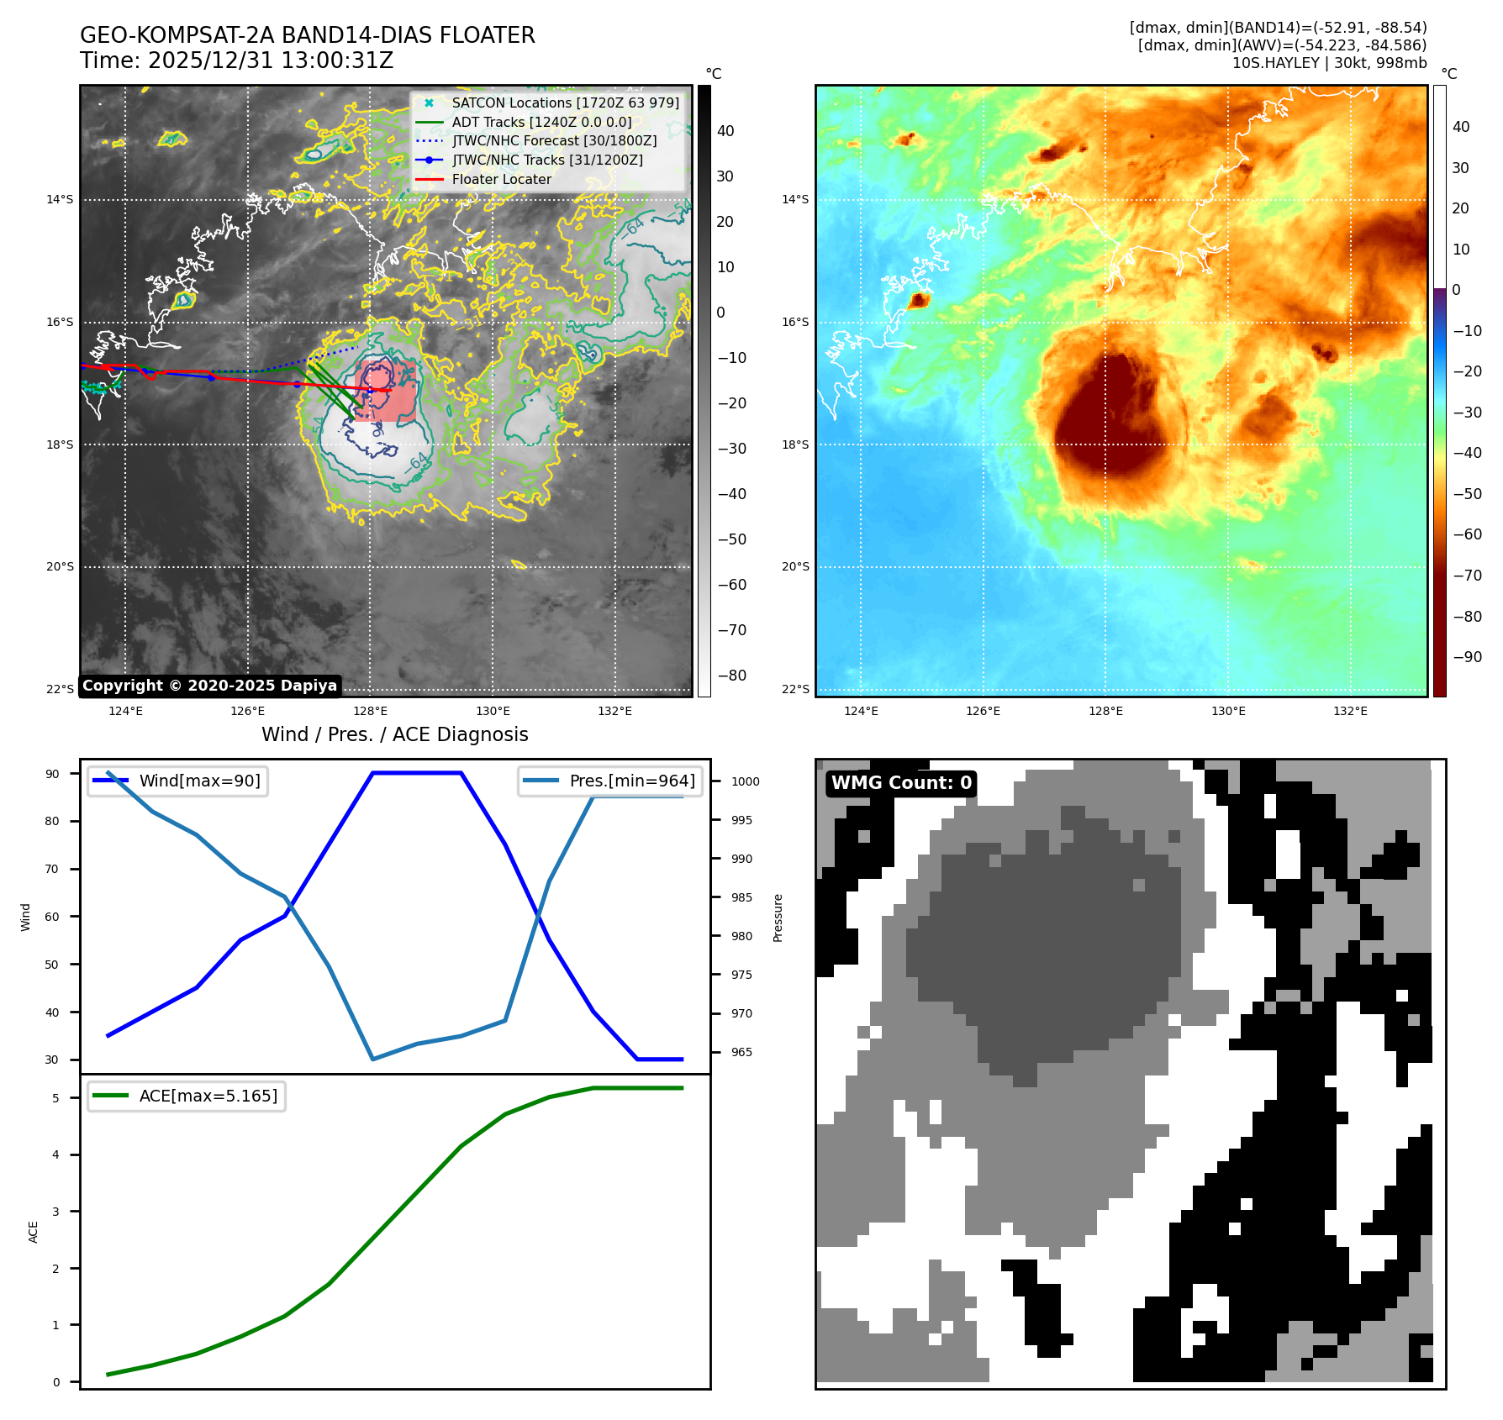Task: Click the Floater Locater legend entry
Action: click(501, 179)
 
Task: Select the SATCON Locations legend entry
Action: click(565, 103)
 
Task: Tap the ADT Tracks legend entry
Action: click(541, 122)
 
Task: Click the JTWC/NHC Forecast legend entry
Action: click(554, 140)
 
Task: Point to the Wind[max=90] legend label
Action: click(199, 781)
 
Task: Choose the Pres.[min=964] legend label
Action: click(632, 781)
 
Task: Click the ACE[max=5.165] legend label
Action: click(208, 1096)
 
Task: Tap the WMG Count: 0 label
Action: click(901, 783)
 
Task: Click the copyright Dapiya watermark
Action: click(209, 686)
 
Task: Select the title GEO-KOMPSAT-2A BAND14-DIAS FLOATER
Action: click(307, 35)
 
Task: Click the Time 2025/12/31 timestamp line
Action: click(236, 60)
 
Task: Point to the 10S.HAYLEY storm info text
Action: click(1329, 63)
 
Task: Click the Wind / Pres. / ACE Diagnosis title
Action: click(394, 734)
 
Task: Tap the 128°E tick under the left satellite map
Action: click(370, 711)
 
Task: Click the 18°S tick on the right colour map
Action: click(795, 444)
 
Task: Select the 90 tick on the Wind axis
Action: click(53, 774)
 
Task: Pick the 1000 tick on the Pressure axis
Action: click(745, 781)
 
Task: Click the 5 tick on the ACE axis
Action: click(56, 1098)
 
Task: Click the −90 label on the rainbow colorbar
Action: click(1467, 657)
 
